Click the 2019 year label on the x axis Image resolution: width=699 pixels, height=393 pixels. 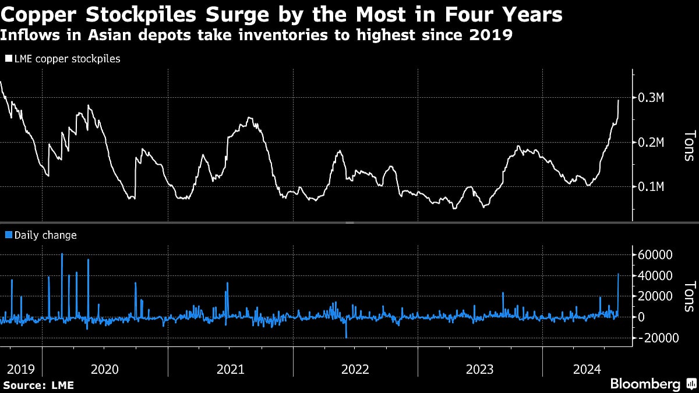[x=18, y=369]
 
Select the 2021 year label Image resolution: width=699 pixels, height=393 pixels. [x=230, y=369]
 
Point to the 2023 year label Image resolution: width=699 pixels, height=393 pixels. [x=479, y=369]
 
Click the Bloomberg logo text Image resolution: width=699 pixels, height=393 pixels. [x=645, y=384]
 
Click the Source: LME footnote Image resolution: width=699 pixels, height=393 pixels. [x=38, y=385]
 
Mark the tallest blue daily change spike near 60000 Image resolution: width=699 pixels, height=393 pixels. [x=62, y=254]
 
